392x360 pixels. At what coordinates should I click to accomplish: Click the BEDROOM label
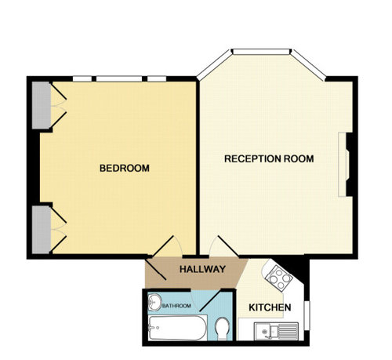coord(125,168)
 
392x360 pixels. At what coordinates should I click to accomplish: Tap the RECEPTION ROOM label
coord(269,158)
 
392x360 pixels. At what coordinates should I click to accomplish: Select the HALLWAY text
coord(202,269)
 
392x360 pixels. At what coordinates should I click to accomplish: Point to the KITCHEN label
coord(270,307)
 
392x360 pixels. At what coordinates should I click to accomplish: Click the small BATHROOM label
coord(176,306)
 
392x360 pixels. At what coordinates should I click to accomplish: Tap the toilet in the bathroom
coord(222,329)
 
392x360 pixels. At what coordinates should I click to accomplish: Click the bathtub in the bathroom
coord(177,328)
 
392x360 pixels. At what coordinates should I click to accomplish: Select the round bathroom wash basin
coord(155,302)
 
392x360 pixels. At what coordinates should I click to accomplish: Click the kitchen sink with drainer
coord(276,331)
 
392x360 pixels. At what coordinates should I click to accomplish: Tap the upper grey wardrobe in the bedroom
coord(42,105)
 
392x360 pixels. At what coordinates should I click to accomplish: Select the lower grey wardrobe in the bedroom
coord(42,230)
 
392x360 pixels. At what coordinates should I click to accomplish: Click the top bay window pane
coord(261,52)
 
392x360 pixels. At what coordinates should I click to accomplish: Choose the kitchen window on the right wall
coord(307,315)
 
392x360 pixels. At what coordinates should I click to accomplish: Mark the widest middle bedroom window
coord(119,78)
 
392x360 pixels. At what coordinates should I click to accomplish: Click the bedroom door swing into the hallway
coord(163,246)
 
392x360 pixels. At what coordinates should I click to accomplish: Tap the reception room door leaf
coord(228,246)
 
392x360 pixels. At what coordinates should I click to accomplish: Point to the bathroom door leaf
coord(210,300)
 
